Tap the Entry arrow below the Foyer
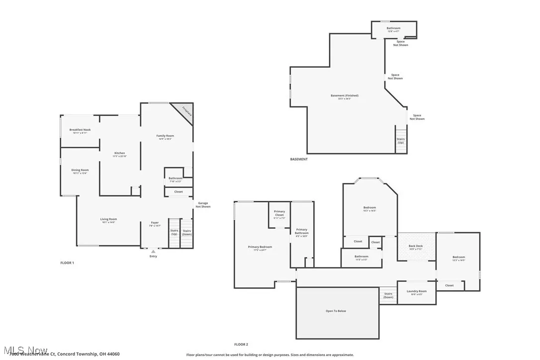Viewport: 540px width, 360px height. tap(153, 252)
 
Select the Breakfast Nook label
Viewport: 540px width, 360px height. tap(80, 130)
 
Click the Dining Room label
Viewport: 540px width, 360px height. tap(80, 170)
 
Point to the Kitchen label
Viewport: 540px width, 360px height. tap(120, 153)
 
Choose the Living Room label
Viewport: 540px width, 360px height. tap(108, 219)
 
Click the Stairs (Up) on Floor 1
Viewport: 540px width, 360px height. tap(174, 232)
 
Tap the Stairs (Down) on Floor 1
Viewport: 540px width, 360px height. tap(187, 232)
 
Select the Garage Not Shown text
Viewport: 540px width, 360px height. tap(203, 204)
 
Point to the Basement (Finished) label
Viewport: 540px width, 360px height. tap(344, 95)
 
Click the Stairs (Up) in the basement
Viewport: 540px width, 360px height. tap(401, 141)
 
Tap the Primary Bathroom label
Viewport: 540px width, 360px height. tap(301, 231)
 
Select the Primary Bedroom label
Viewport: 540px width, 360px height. tap(260, 247)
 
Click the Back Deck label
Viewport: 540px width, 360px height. tap(416, 246)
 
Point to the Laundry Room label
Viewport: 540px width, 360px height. tap(416, 291)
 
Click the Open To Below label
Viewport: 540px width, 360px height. tap(336, 311)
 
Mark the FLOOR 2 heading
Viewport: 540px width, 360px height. tap(241, 344)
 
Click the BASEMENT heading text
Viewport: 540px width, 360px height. tap(299, 159)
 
